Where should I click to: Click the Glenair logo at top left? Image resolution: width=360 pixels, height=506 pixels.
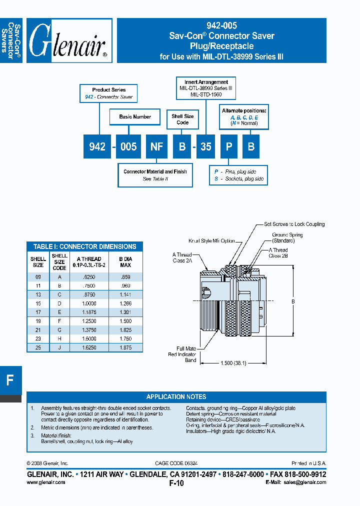pos(69,41)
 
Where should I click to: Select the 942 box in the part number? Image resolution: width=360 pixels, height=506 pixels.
pos(97,146)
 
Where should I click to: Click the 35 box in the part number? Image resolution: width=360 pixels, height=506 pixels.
pos(206,146)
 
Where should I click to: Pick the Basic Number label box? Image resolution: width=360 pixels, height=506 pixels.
pos(135,117)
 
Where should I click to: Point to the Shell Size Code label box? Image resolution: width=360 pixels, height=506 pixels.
pos(182,119)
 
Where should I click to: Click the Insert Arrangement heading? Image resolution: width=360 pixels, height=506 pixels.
pos(206,82)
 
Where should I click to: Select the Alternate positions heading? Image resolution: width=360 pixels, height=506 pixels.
pos(244,110)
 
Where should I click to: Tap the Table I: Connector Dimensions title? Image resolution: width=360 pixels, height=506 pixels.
pos(84,246)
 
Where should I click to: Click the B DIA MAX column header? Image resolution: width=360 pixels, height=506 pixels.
pos(125,262)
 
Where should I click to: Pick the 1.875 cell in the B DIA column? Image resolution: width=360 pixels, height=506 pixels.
pos(125,347)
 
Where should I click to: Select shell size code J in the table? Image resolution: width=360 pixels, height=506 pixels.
pos(59,347)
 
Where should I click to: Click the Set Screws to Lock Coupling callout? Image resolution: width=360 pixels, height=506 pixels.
pos(294,224)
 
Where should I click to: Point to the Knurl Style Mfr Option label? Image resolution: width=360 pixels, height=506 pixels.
pos(211,240)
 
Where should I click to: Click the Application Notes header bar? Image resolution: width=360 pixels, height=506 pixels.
pos(176,396)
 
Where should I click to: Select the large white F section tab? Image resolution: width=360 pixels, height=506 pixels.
pos(10,380)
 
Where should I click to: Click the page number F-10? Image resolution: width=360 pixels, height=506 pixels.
pos(176,483)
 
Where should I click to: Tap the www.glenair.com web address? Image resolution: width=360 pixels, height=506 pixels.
pos(45,482)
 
